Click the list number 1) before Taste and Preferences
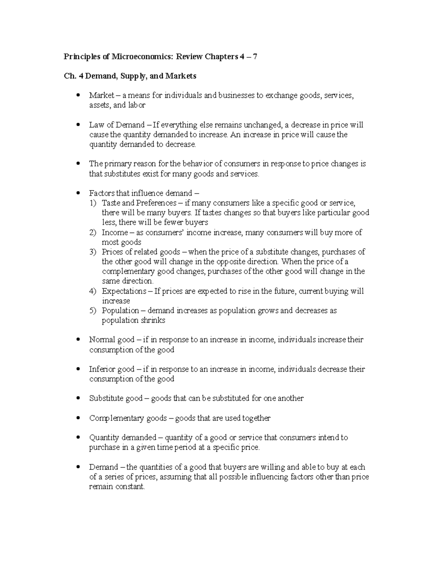click(x=93, y=203)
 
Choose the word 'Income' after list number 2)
click(x=115, y=232)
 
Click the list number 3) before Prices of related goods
click(x=93, y=252)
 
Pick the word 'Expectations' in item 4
click(x=124, y=291)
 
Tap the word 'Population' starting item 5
click(x=120, y=311)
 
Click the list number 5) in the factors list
click(x=93, y=311)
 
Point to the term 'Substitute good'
click(x=116, y=398)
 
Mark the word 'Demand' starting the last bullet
click(x=104, y=467)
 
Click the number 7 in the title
click(x=255, y=57)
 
